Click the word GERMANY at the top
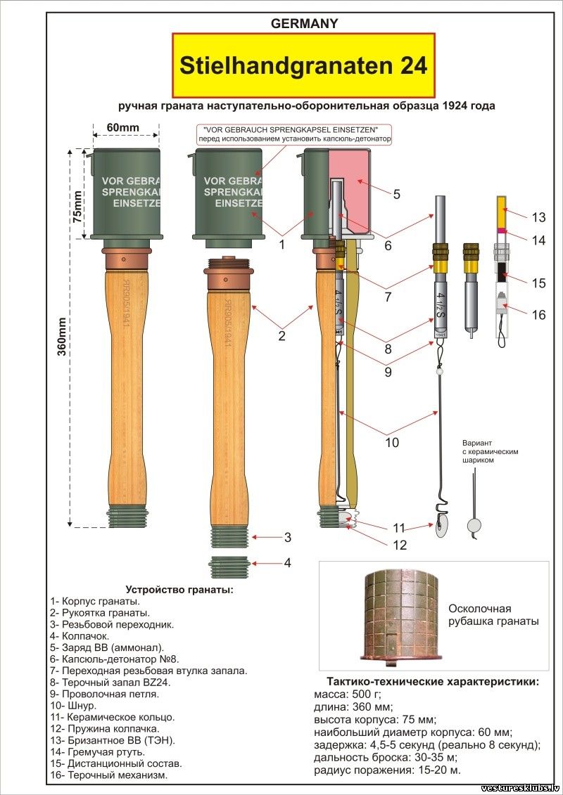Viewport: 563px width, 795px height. point(304,23)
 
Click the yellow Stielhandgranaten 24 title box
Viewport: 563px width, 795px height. point(304,65)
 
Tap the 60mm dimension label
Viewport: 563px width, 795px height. point(123,127)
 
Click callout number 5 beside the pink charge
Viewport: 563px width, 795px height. point(396,194)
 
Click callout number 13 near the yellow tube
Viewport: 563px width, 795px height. point(538,216)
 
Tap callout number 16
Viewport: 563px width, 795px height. point(538,314)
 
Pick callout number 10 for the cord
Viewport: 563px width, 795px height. point(391,442)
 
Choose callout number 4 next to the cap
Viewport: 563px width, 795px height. point(287,563)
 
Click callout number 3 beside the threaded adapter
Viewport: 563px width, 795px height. point(287,538)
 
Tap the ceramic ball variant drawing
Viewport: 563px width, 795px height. point(474,520)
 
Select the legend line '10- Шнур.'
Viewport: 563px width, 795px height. point(73,705)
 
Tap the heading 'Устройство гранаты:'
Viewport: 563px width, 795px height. point(179,589)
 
